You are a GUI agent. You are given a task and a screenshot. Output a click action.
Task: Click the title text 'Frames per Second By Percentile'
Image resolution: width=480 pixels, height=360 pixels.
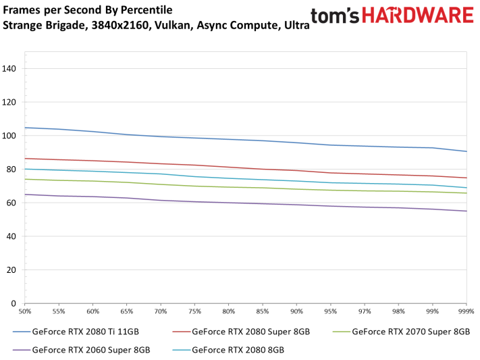[88, 10]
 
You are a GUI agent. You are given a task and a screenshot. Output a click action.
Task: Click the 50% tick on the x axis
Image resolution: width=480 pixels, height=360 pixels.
[26, 312]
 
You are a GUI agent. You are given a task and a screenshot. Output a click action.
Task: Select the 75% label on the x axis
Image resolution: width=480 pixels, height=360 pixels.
[194, 312]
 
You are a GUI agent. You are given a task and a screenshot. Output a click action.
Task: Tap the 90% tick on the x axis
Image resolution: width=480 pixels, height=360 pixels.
[296, 312]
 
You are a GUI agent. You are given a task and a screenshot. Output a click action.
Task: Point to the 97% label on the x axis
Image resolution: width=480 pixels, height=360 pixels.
[365, 312]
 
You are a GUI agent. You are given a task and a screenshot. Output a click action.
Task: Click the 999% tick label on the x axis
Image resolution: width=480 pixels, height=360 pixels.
[466, 312]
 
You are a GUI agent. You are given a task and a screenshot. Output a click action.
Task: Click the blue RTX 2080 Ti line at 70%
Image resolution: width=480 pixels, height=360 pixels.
[161, 136]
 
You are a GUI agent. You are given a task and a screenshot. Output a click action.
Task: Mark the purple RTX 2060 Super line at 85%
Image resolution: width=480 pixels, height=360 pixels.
[263, 203]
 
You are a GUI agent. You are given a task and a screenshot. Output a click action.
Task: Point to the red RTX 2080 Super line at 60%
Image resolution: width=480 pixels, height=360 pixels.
[93, 161]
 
